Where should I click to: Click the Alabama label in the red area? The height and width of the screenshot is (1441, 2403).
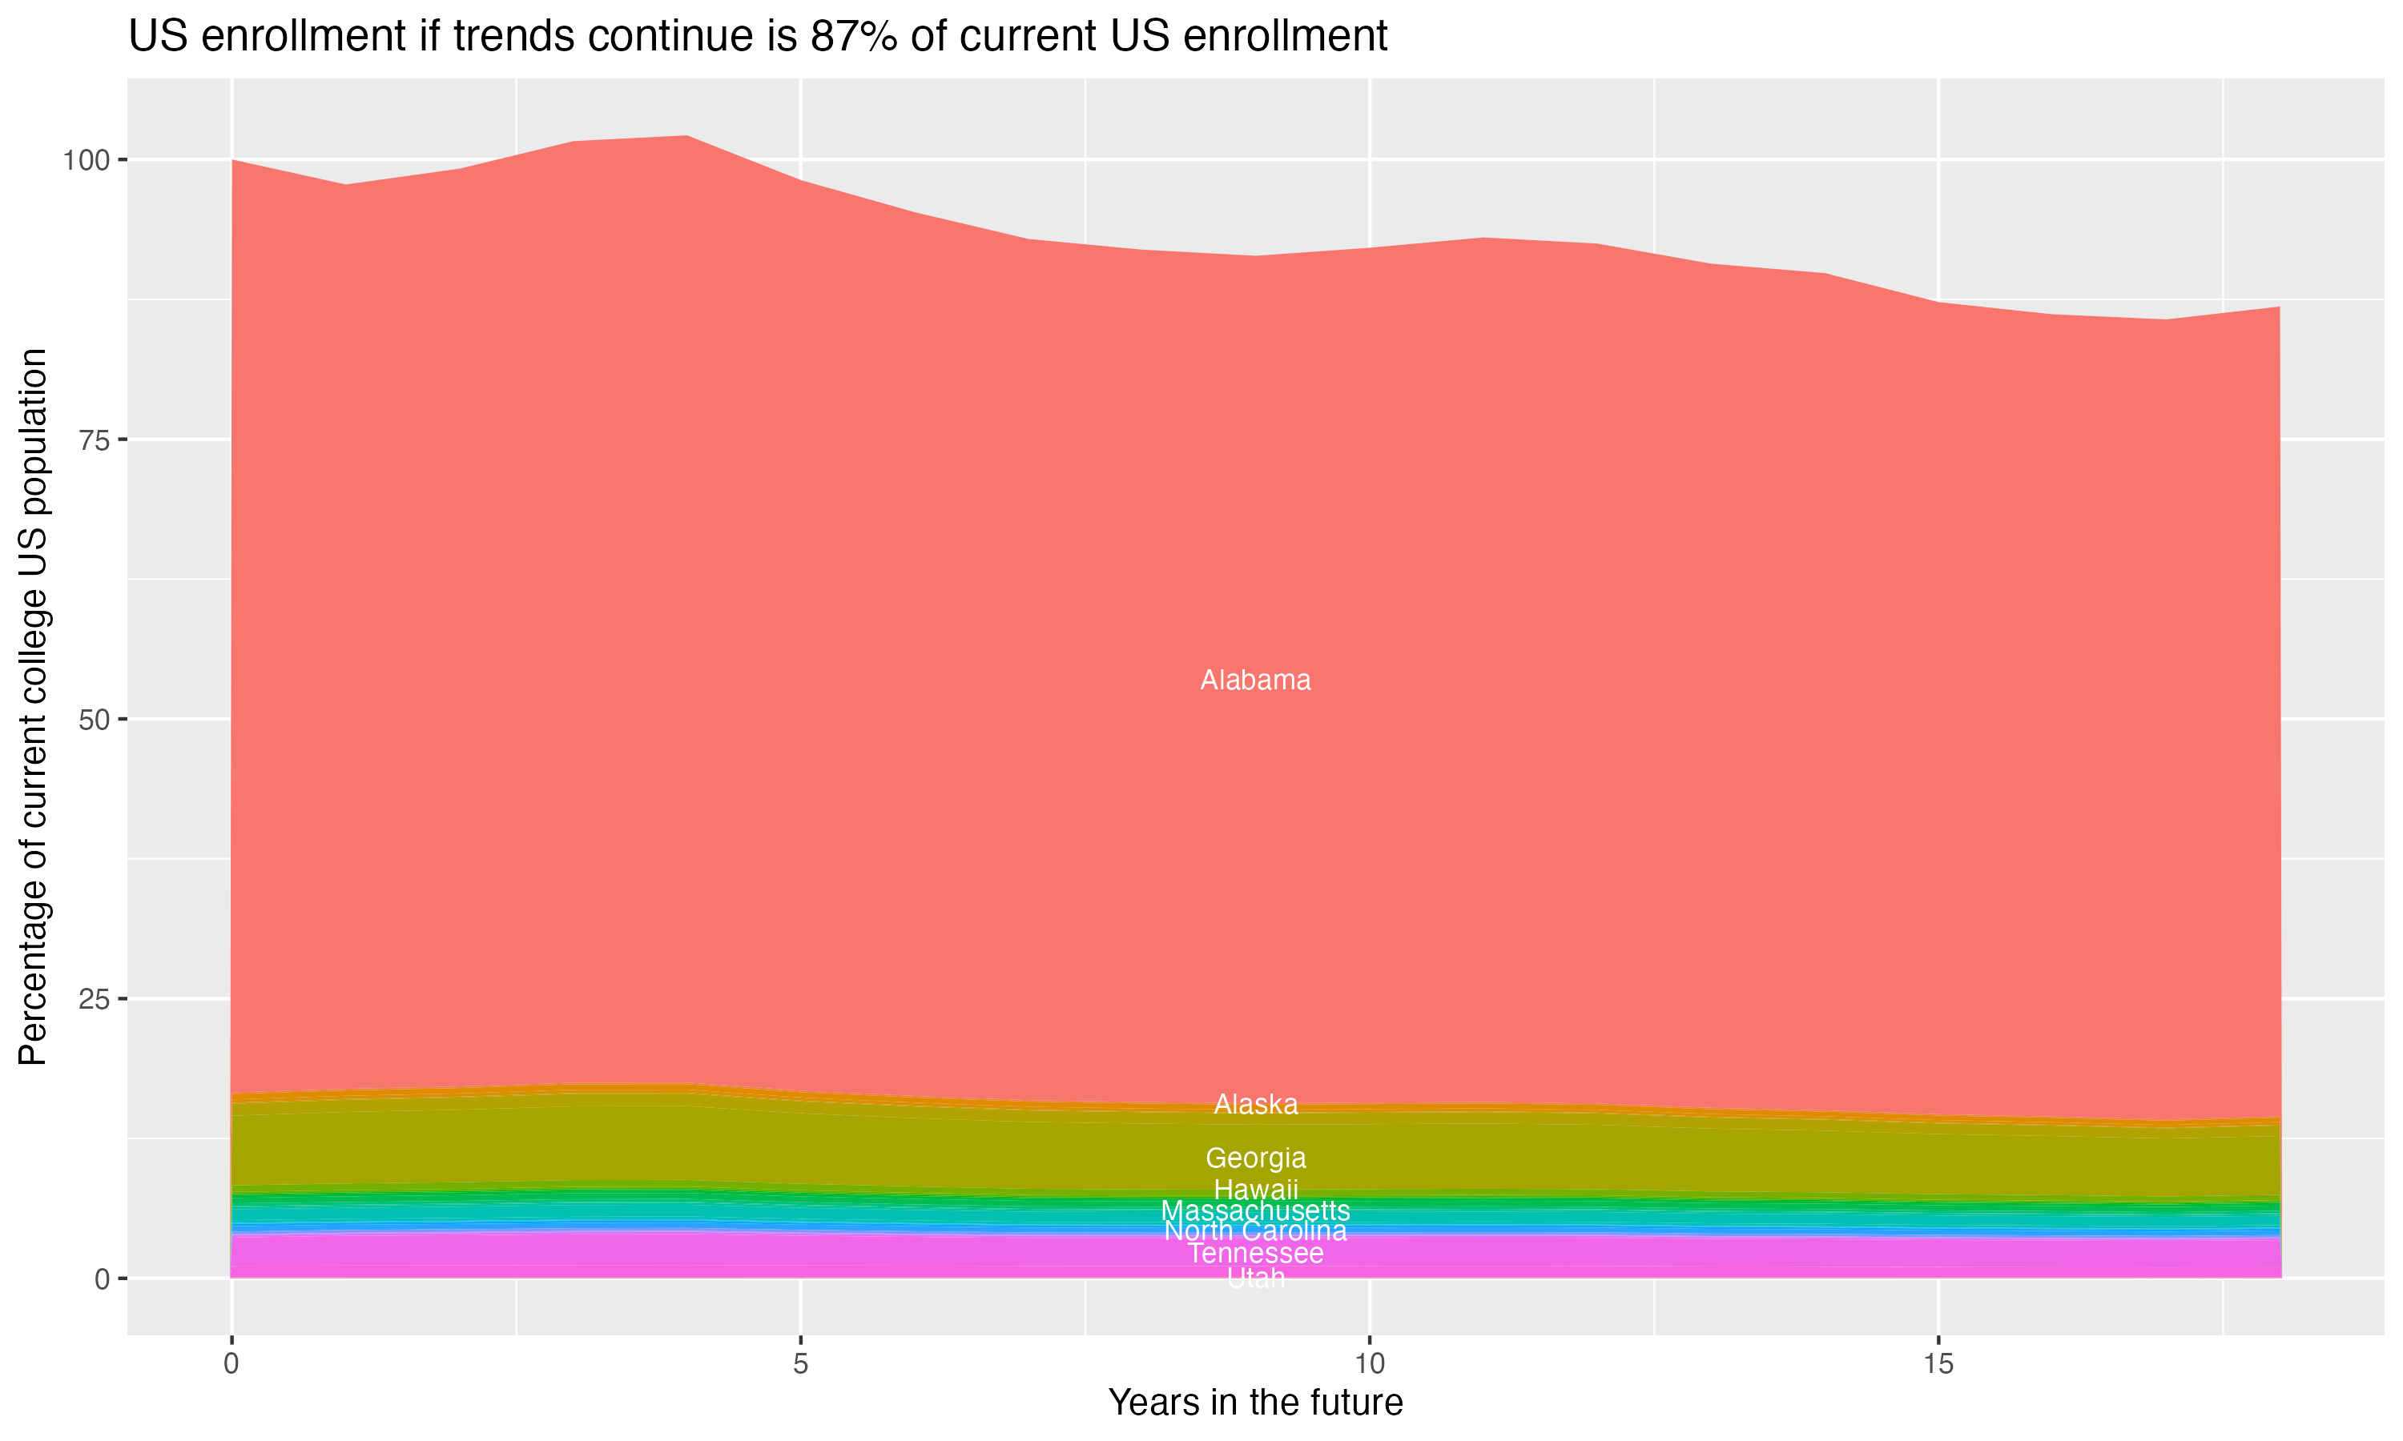click(1255, 680)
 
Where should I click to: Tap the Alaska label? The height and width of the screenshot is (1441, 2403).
click(1255, 1104)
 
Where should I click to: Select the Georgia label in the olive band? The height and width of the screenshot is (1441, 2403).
click(1255, 1158)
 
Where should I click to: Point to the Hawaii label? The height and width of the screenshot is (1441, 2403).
click(1255, 1189)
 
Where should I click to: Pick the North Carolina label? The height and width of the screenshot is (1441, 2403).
click(1255, 1231)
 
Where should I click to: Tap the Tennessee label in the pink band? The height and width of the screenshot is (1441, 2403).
click(1255, 1254)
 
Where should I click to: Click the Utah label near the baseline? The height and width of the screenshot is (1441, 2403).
click(1255, 1278)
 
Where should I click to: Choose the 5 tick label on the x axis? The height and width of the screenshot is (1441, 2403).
click(800, 1364)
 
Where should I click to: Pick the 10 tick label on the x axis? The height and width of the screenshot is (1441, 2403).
click(1369, 1364)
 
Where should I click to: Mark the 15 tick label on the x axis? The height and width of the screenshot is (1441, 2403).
click(1938, 1364)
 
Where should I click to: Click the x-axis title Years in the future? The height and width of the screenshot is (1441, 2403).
click(1255, 1402)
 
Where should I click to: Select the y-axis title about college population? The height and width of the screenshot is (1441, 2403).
click(33, 706)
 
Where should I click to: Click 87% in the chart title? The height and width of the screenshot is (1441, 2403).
click(851, 37)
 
